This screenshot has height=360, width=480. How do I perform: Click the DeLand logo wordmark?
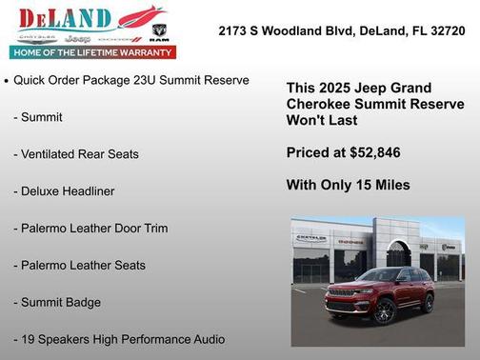tap(65, 18)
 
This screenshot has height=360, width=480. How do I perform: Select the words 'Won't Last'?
tap(325, 121)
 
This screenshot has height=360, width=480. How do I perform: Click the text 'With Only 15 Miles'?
tap(348, 185)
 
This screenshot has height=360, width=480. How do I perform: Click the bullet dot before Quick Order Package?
tap(8, 82)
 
